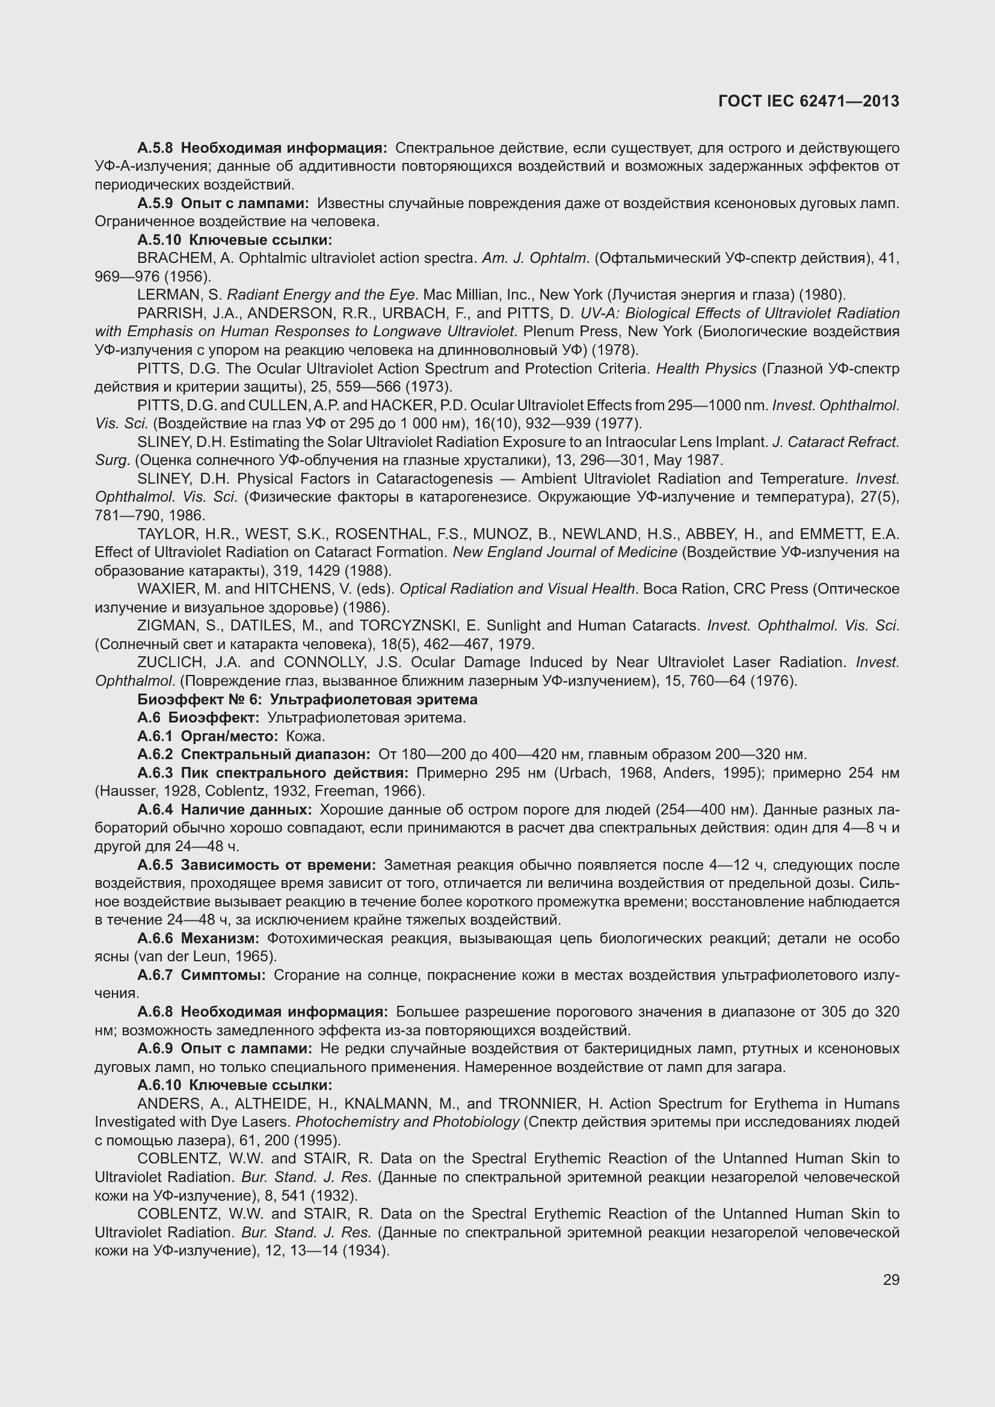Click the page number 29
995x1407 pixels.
pyautogui.click(x=891, y=1279)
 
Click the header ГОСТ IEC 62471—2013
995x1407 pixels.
pyautogui.click(x=809, y=101)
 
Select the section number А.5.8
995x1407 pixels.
pyautogui.click(x=155, y=148)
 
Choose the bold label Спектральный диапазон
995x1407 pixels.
pyautogui.click(x=276, y=754)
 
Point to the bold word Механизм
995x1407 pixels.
pyautogui.click(x=221, y=938)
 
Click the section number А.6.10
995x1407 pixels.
pyautogui.click(x=159, y=1085)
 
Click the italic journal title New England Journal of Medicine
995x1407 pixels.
pyautogui.click(x=565, y=552)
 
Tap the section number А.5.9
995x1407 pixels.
pyautogui.click(x=155, y=203)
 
